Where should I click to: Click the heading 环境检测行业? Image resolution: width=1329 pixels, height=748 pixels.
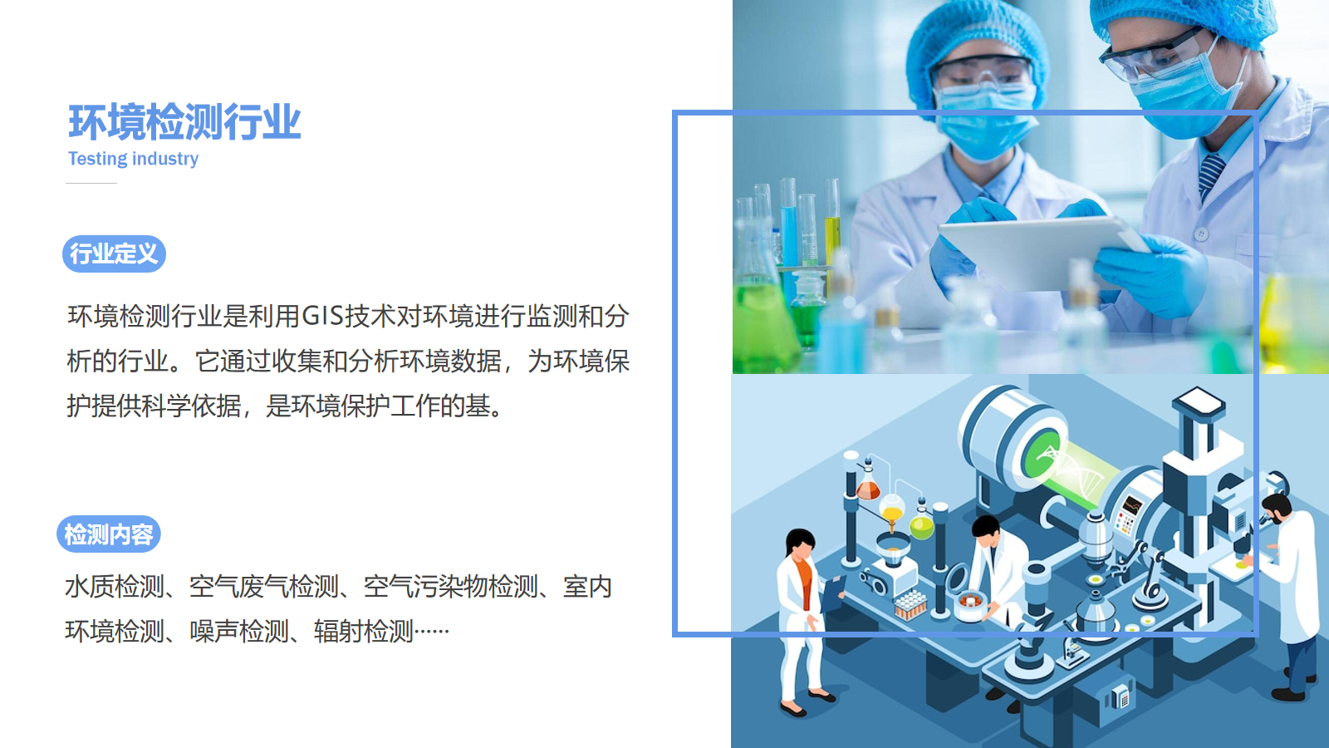(x=184, y=122)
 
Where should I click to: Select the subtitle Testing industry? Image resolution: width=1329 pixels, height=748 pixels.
(x=133, y=159)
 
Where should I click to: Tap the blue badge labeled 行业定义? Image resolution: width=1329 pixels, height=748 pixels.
(x=114, y=254)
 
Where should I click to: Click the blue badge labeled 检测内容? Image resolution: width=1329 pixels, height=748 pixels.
(x=109, y=534)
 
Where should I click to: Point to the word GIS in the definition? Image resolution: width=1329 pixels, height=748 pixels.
(x=323, y=316)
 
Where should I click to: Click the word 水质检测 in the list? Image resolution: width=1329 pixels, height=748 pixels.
(x=115, y=587)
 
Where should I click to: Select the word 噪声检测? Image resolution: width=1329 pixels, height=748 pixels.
(x=239, y=631)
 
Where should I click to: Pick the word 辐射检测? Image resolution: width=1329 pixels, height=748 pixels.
(x=364, y=631)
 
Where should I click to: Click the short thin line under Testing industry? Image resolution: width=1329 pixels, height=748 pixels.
(x=91, y=184)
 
